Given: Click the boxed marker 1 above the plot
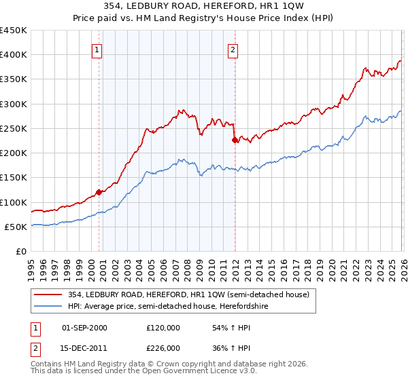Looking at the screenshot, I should tap(97, 49).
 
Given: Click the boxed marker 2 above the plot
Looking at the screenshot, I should tap(233, 49).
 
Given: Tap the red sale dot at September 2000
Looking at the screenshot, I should tap(99, 192).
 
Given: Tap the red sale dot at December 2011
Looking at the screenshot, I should tap(235, 140).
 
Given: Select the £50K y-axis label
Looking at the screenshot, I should tap(16, 227).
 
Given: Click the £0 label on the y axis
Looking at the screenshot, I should tap(20, 251).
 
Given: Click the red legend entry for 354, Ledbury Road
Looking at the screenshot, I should tap(188, 294).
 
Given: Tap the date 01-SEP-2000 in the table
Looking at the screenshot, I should tap(84, 328).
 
